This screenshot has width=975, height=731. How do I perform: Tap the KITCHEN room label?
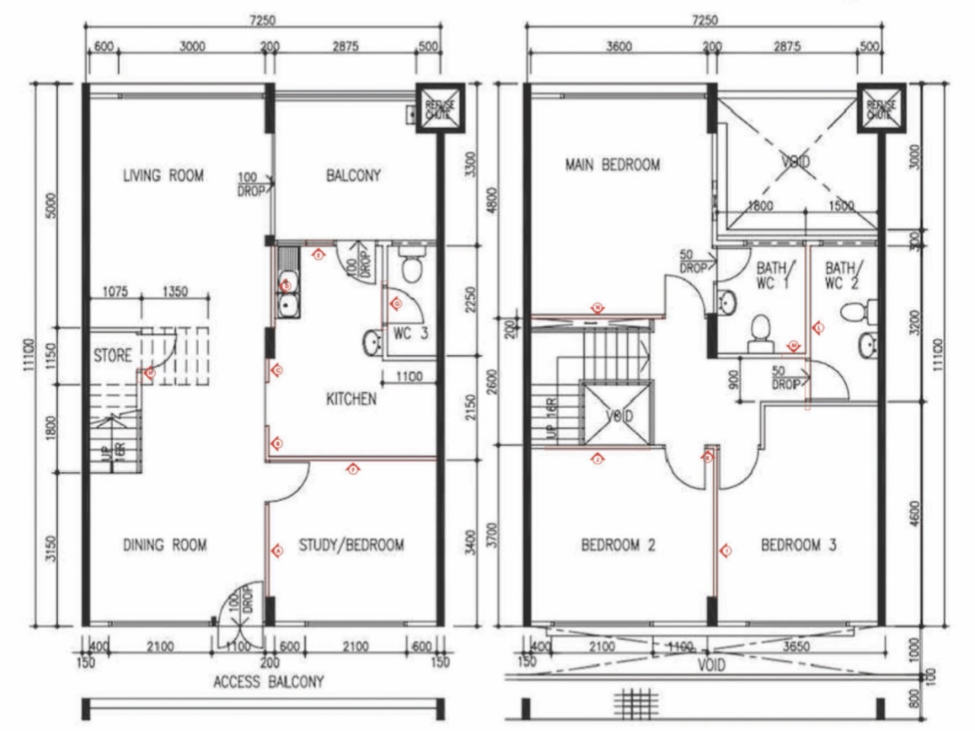(351, 399)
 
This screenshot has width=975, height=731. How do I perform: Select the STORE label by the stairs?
(112, 357)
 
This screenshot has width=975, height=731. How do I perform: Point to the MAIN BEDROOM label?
(612, 165)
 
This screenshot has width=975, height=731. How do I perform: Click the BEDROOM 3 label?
(798, 546)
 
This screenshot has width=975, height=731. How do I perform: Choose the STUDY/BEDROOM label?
(351, 546)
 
